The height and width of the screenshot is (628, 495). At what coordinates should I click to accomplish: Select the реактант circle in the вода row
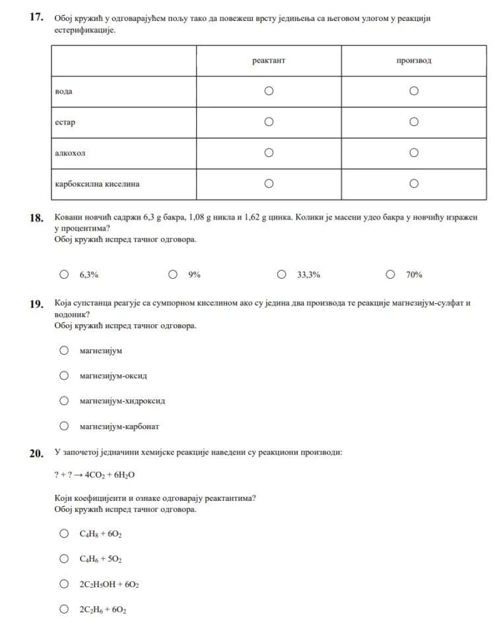point(269,91)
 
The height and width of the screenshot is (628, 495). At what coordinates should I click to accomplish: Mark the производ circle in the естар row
point(414,122)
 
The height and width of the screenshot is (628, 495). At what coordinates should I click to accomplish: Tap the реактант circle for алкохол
point(269,153)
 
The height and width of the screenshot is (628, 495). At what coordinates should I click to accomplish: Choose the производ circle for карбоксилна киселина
point(414,184)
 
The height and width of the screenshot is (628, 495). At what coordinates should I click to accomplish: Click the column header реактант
point(269,61)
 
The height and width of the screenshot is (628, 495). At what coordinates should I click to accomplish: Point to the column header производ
point(414,61)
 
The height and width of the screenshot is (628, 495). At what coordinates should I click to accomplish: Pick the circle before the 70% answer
point(391,275)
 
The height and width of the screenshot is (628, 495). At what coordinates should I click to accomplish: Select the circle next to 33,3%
point(282,275)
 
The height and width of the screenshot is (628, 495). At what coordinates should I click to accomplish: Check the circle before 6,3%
point(64,275)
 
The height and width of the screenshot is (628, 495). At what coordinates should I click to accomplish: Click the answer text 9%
point(195,275)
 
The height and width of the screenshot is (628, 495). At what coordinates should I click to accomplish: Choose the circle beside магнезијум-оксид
point(64,376)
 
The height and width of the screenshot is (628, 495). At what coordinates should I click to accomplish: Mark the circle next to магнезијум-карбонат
point(64,426)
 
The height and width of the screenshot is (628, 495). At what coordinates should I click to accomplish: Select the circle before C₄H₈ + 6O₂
point(64,534)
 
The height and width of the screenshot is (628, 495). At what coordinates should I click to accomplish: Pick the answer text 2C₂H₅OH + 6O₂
point(109,585)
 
